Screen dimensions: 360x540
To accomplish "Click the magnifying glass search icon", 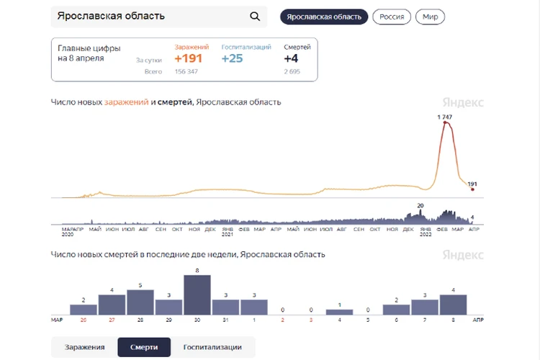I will point(255,17).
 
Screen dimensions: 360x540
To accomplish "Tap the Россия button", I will point(392,17).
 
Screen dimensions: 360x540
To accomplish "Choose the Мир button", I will point(430,17).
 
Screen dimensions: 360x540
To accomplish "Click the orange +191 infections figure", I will point(189,58).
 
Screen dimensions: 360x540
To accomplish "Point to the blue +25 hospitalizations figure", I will point(232,58).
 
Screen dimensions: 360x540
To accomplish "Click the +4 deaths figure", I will point(291,58).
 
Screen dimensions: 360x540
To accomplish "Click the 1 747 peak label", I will point(445,117).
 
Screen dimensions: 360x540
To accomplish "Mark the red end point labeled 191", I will point(472,189).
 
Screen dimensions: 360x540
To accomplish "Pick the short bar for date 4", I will point(339,312).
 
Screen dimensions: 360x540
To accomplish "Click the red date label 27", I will point(112,319).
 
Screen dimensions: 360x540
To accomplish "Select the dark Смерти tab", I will point(144,347).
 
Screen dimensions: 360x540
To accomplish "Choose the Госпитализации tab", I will point(212,347).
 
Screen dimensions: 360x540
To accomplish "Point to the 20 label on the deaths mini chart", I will point(420,206).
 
